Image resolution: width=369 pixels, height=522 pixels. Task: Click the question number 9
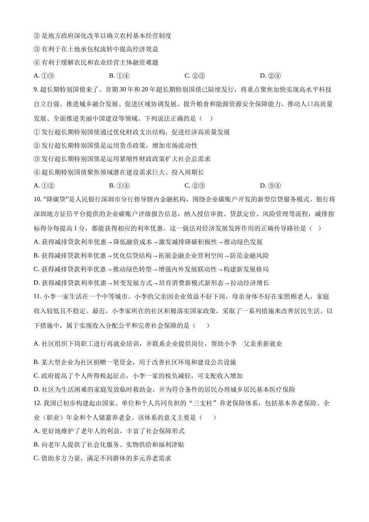point(36,90)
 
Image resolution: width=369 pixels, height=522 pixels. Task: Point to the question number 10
point(37,200)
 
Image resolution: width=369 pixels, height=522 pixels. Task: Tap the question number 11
point(37,297)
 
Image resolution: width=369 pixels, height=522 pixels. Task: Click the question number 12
point(37,404)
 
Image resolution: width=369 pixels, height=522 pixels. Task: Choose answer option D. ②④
point(270,76)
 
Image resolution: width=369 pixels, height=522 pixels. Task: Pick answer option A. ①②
point(44,186)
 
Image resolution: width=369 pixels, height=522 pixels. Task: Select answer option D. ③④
point(270,186)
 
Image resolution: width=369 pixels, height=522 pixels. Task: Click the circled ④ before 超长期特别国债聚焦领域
point(37,172)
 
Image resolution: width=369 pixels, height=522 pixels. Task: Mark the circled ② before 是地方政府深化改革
point(37,36)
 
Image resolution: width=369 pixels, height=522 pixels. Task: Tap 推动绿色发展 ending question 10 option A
point(243,242)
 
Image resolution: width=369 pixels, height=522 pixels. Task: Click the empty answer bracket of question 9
point(206,118)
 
